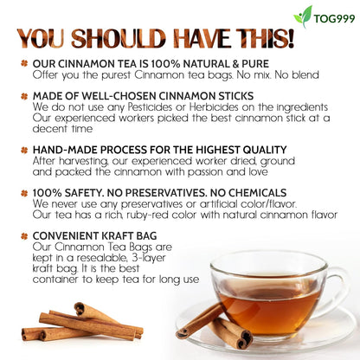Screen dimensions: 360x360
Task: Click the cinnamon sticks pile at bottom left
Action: [x=82, y=322]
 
